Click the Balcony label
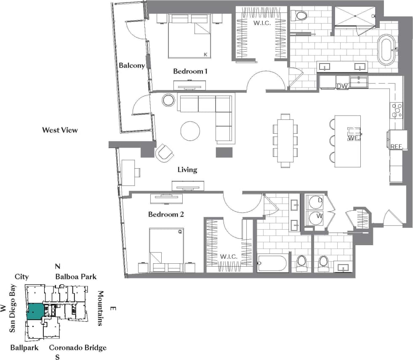point(131,66)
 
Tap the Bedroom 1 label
point(190,71)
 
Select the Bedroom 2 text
point(166,214)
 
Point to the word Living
point(187,170)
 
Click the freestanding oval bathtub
point(386,50)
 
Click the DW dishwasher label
point(342,86)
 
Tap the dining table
point(285,140)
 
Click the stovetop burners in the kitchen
point(397,111)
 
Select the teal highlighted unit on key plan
point(35,312)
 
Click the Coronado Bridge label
point(77,347)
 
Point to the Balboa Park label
point(76,276)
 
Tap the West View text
point(60,130)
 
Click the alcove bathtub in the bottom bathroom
point(272,264)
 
